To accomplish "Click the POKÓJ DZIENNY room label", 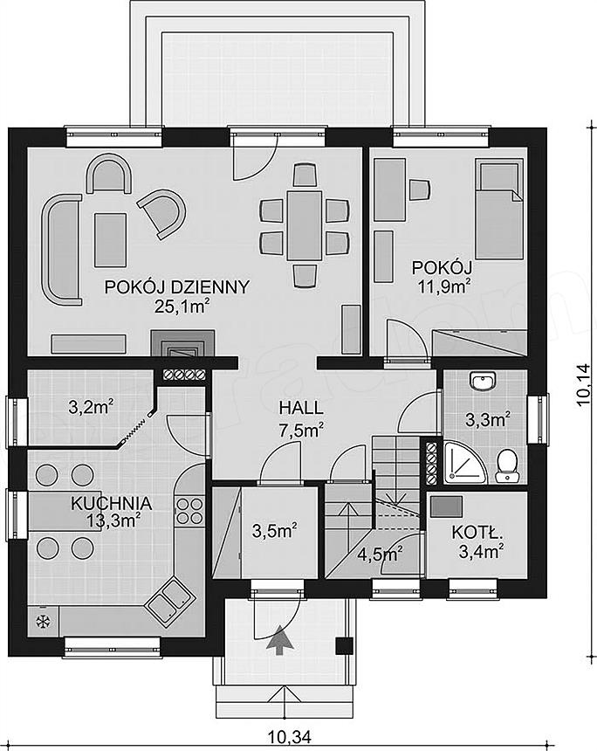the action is [x=177, y=287].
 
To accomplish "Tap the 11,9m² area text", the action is [x=443, y=287].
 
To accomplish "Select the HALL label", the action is [x=301, y=408].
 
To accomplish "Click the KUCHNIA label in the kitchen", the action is [x=112, y=503].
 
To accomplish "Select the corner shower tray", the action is [x=464, y=462].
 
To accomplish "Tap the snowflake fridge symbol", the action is [x=44, y=622].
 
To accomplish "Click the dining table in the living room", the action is [x=304, y=225].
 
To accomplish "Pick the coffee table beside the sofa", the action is [x=111, y=240].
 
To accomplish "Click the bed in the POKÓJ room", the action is [x=499, y=210].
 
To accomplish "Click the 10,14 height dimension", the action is [x=584, y=385].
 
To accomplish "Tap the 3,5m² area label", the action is [x=274, y=530].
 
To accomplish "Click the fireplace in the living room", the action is [x=183, y=344].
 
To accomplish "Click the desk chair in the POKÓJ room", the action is [x=420, y=189].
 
